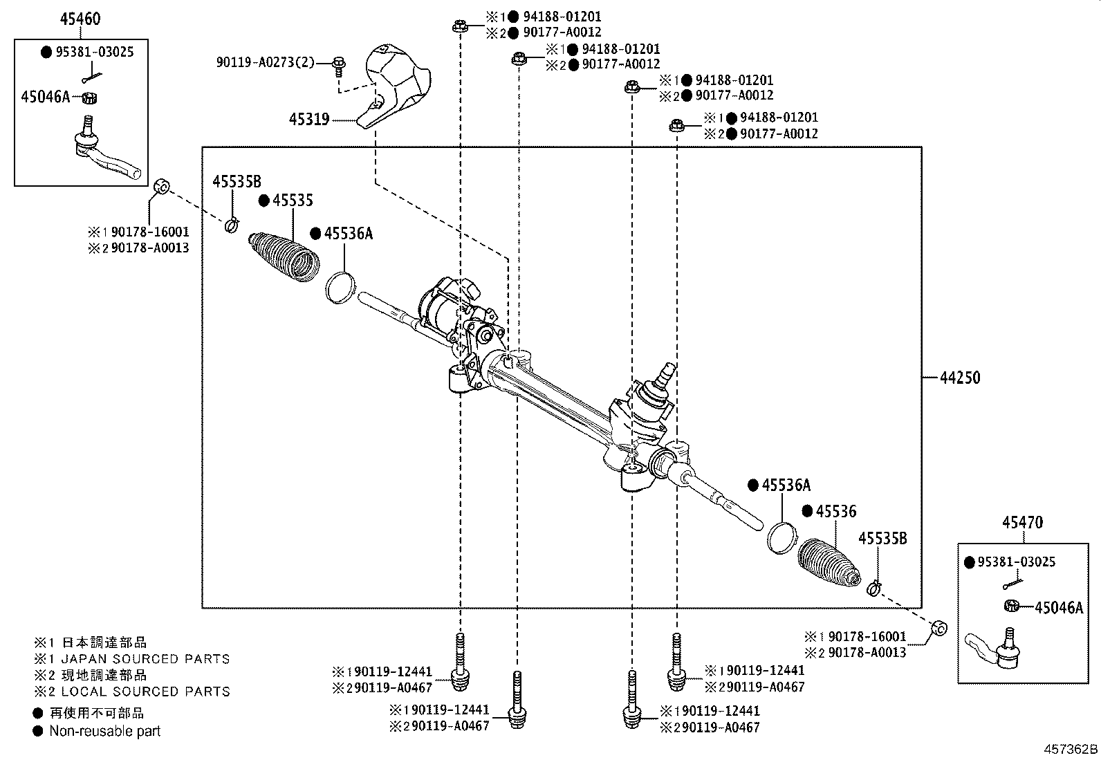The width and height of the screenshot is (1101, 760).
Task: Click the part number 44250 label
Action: pyautogui.click(x=960, y=378)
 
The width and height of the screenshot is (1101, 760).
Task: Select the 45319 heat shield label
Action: pyautogui.click(x=308, y=120)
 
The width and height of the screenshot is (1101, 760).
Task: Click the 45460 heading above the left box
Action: pyautogui.click(x=80, y=19)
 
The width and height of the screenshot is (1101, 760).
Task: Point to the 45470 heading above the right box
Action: pyautogui.click(x=1023, y=522)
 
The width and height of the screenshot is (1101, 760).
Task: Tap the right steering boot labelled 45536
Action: pyautogui.click(x=830, y=560)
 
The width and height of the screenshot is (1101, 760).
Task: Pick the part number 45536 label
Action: pyautogui.click(x=835, y=512)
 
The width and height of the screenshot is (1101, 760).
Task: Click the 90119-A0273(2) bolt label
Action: pyautogui.click(x=265, y=63)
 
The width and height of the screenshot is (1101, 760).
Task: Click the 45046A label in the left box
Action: pyautogui.click(x=46, y=97)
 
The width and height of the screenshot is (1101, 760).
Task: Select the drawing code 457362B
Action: pyautogui.click(x=1070, y=749)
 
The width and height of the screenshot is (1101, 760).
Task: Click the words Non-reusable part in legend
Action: pyautogui.click(x=104, y=731)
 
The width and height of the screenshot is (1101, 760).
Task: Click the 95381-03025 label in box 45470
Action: pyautogui.click(x=1017, y=562)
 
